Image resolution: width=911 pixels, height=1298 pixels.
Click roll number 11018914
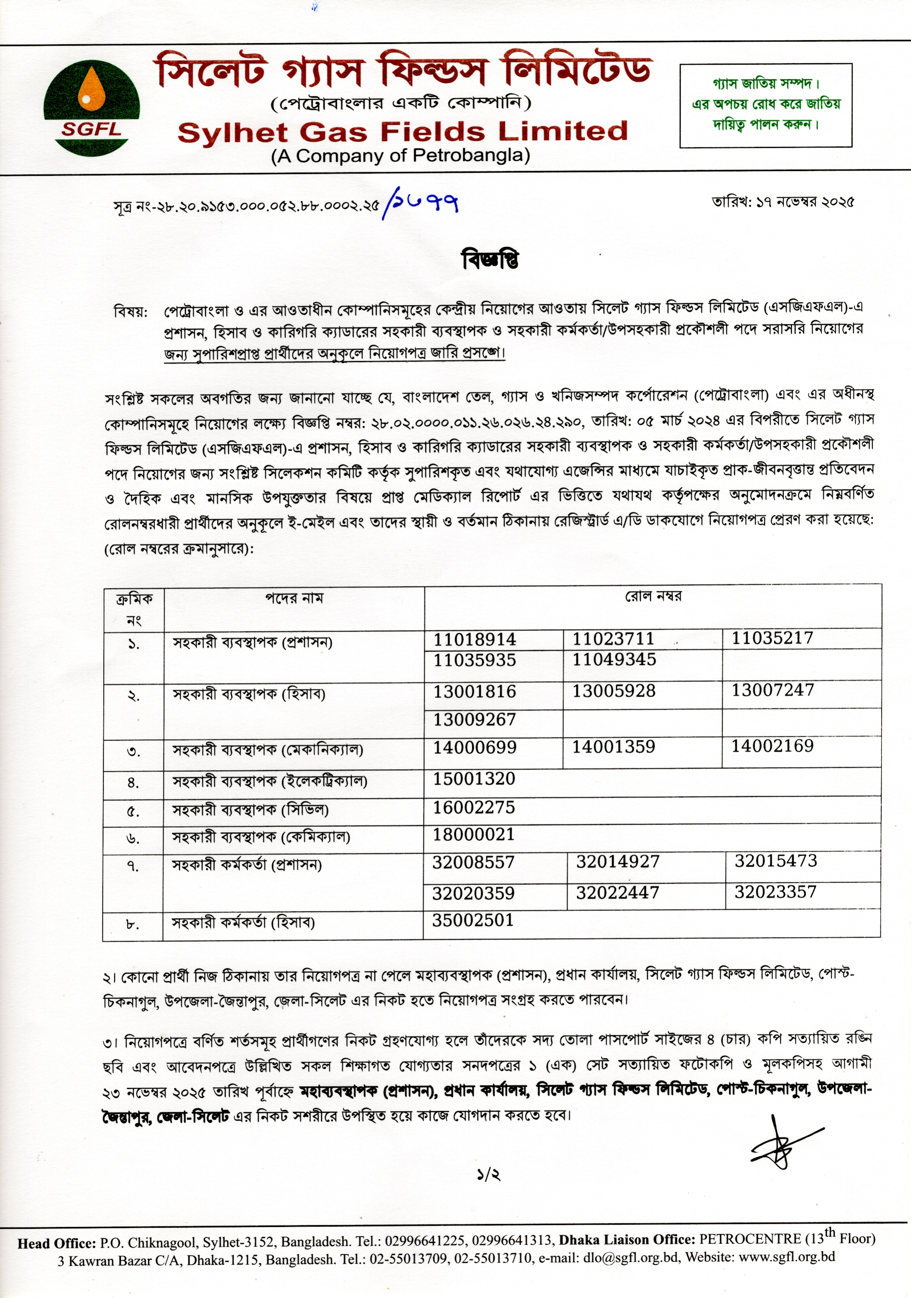[x=474, y=639]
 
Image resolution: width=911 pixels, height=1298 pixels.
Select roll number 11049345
[x=614, y=659]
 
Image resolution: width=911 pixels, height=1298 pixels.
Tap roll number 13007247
[x=772, y=690]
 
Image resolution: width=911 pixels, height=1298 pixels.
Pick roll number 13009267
[x=474, y=720]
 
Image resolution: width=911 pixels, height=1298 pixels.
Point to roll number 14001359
[x=614, y=747]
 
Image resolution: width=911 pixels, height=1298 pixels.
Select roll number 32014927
[x=618, y=862]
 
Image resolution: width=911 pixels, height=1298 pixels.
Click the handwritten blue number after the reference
[x=421, y=204]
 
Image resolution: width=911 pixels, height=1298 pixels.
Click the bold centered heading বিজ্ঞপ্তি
[x=490, y=259]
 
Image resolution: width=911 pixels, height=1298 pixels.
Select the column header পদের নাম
[x=294, y=598]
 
